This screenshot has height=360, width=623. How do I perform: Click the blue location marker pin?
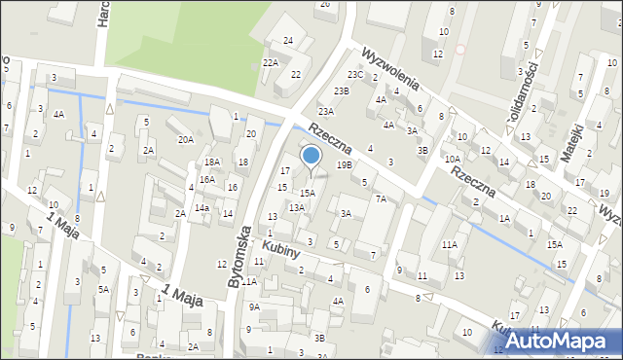311,157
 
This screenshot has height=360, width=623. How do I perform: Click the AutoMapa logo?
560,341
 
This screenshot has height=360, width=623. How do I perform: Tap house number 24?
288,40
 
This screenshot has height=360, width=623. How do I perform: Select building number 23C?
356,75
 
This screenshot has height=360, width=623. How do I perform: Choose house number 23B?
341,90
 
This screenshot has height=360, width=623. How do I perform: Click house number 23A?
326,111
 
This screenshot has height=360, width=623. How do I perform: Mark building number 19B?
345,165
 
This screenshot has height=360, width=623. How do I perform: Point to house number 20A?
185,139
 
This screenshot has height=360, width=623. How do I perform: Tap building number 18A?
211,162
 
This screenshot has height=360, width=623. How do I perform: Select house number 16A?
207,179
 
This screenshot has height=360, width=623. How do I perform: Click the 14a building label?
202,207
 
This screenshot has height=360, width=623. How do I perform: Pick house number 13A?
296,207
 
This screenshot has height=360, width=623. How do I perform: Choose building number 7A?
382,198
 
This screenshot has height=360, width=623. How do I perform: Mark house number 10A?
453,159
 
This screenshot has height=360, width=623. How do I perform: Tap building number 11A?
449,245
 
